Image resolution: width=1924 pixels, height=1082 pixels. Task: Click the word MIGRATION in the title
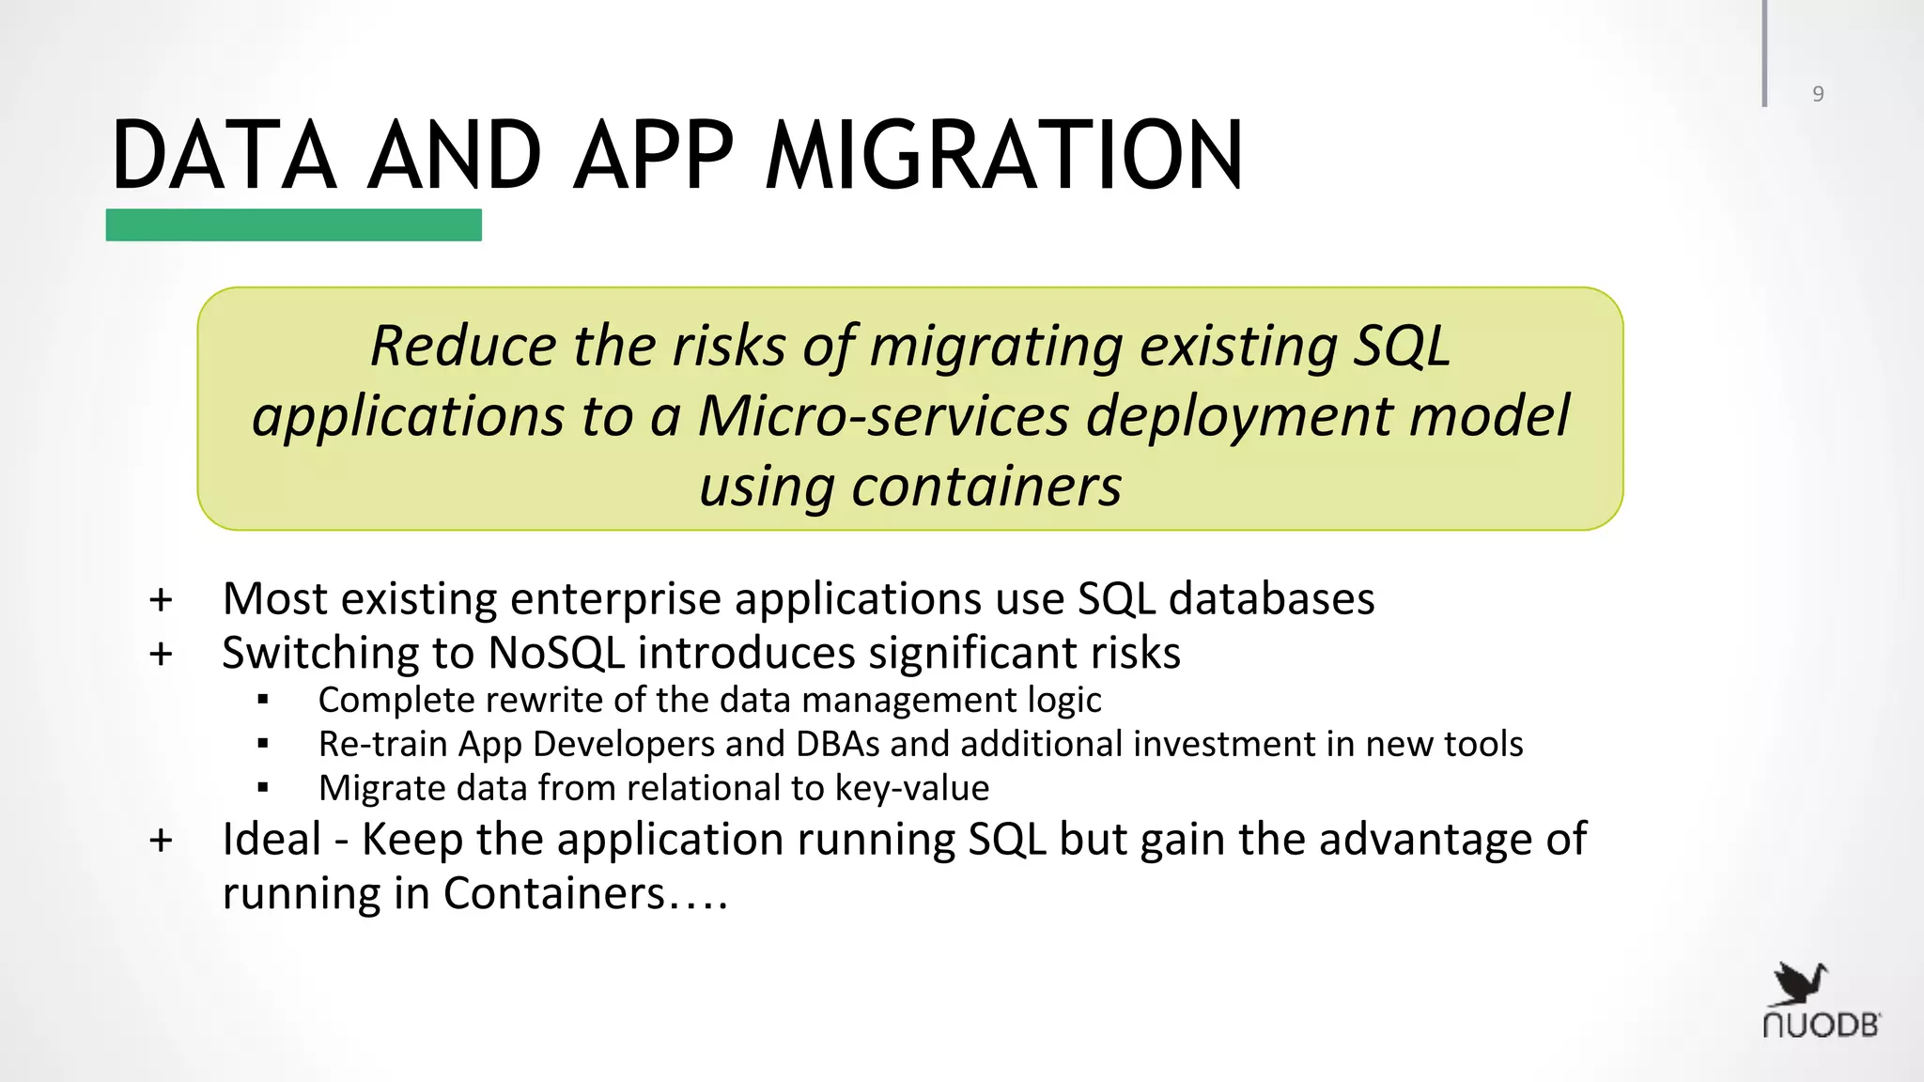(x=1003, y=156)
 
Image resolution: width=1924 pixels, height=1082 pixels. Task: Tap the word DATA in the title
(x=224, y=156)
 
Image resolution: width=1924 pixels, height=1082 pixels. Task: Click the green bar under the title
(x=293, y=225)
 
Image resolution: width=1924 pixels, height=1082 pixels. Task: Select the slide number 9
(x=1818, y=94)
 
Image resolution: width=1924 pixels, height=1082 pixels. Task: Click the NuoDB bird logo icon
(x=1800, y=984)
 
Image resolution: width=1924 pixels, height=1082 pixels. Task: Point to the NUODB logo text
(x=1821, y=1026)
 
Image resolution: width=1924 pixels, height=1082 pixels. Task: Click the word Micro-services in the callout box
(x=883, y=416)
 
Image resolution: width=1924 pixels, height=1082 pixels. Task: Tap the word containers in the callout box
(x=986, y=487)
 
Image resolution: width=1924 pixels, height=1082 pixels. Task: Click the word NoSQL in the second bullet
(x=556, y=653)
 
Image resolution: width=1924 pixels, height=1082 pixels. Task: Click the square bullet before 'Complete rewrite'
(x=263, y=701)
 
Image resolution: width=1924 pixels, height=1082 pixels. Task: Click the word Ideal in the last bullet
(x=272, y=840)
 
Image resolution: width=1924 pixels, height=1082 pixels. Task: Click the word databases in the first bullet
(x=1271, y=599)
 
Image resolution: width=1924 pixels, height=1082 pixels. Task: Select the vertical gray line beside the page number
(x=1764, y=53)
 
